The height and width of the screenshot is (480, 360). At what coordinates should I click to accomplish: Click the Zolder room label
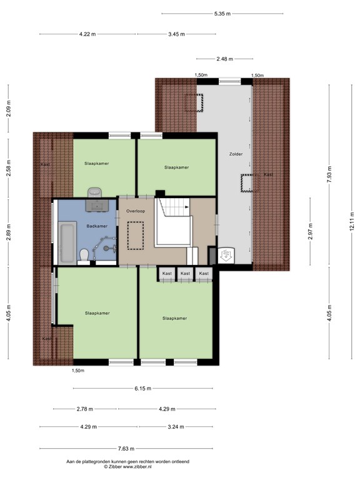[236, 154]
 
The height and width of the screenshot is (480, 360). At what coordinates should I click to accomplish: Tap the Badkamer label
[97, 226]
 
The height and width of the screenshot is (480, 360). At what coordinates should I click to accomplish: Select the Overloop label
[136, 211]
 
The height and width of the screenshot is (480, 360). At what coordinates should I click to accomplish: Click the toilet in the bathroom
[84, 256]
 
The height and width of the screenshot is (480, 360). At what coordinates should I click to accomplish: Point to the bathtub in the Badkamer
[67, 242]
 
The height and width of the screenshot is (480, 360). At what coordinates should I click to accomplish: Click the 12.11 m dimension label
[352, 221]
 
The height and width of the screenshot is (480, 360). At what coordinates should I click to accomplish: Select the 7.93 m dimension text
[329, 174]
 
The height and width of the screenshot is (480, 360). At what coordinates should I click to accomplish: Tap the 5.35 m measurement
[222, 14]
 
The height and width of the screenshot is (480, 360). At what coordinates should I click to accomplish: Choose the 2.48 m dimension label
[225, 59]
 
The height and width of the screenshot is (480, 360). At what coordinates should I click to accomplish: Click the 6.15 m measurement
[142, 389]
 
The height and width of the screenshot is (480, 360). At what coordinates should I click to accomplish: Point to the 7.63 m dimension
[126, 449]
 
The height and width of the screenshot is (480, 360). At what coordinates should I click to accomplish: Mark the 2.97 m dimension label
[310, 231]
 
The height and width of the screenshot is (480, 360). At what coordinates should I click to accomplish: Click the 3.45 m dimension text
[176, 34]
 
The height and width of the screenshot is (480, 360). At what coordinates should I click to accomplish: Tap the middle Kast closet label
[185, 273]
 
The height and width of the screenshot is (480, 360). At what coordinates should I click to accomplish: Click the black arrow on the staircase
[186, 207]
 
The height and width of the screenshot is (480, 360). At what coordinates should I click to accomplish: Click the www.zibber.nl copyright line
[127, 467]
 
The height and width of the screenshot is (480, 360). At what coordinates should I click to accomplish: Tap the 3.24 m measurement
[176, 427]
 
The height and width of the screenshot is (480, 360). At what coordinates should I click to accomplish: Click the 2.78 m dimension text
[85, 409]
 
